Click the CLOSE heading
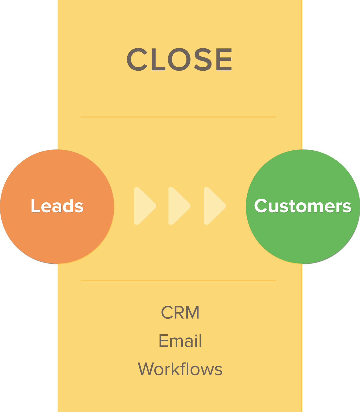click(x=180, y=60)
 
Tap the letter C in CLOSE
click(x=137, y=60)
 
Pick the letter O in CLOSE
click(x=180, y=60)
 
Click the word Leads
click(x=57, y=206)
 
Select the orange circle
click(x=57, y=235)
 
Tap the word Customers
click(x=303, y=206)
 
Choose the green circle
click(x=303, y=235)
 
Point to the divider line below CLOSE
click(x=178, y=117)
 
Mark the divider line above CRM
click(x=178, y=281)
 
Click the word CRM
click(x=180, y=313)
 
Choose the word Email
click(x=180, y=341)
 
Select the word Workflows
click(x=180, y=369)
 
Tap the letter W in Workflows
click(x=147, y=369)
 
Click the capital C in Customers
click(x=261, y=206)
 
